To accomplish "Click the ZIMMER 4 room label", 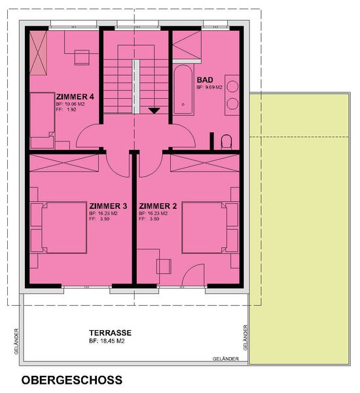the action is (75, 97).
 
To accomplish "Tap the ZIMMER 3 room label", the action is (108, 206).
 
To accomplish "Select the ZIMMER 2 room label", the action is (158, 206).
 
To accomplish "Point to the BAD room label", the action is (205, 80).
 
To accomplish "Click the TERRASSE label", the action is (110, 333).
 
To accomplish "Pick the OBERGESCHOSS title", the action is (72, 380).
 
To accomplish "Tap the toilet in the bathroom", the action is (226, 142).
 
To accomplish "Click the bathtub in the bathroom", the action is (183, 90).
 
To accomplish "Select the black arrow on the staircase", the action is (154, 111).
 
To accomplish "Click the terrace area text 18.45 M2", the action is (113, 341).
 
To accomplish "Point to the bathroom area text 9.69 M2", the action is (213, 88).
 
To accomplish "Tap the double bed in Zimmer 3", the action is (59, 227).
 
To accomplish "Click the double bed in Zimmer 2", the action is (210, 227).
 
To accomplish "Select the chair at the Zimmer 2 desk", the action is (164, 267).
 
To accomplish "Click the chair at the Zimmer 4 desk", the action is (82, 58).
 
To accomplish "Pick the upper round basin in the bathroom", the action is (233, 86).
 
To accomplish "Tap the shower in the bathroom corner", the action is (187, 45).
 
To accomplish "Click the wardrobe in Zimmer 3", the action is (64, 163).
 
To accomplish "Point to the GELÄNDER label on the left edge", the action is (16, 341).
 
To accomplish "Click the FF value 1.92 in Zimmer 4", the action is (71, 109).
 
